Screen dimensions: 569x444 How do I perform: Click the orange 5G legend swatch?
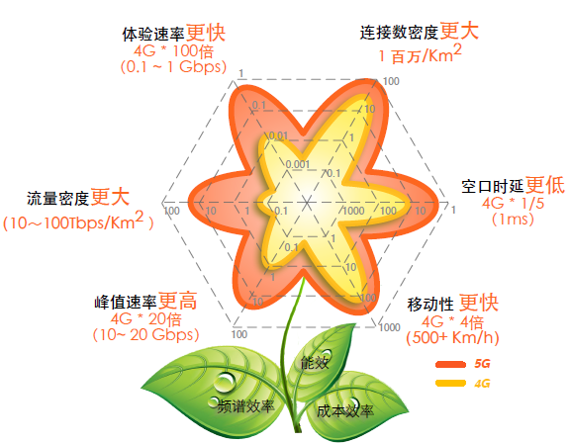450,364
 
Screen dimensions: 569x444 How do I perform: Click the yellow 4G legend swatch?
450,383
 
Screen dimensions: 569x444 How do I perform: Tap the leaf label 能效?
315,362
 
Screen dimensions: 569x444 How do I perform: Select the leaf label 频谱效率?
245,405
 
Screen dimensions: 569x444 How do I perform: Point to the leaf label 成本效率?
344,411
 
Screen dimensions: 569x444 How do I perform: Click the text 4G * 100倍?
174,51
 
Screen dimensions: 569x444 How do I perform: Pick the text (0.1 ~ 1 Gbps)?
174,66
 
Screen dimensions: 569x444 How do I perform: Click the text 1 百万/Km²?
420,54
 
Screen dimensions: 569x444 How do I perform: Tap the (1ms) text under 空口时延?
513,220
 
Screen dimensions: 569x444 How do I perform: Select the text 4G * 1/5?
514,204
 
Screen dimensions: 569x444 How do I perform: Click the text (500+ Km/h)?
452,337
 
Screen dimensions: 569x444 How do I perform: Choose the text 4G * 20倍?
146,319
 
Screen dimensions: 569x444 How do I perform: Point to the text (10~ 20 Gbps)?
145,334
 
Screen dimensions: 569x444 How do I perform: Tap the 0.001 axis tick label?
298,164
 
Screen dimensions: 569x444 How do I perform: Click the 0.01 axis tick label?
279,135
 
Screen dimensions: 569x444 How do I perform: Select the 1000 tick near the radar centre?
354,211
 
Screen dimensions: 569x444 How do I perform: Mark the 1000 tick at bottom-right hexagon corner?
390,327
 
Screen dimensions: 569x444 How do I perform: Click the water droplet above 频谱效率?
225,382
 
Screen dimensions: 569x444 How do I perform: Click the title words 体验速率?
153,35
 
